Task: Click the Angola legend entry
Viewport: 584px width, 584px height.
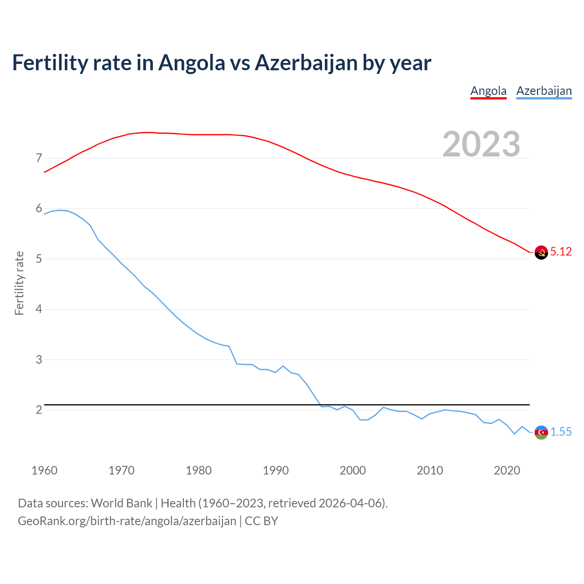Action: (488, 91)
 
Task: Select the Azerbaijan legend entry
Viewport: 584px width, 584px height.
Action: (544, 91)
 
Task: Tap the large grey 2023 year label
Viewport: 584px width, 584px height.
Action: (481, 144)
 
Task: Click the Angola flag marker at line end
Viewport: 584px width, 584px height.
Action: (541, 252)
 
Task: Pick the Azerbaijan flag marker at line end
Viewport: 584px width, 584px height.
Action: (541, 432)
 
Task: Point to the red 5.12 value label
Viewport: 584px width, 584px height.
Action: (561, 252)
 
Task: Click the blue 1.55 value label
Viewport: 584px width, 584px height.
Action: (561, 432)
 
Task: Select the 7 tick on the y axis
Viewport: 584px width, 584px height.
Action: (39, 158)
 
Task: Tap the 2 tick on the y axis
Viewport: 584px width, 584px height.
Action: (39, 410)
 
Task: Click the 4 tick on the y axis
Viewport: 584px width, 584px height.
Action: (39, 309)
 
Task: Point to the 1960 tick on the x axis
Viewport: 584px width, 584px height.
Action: (44, 470)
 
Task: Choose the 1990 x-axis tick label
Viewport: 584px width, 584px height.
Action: (276, 470)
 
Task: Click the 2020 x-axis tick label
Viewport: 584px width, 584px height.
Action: (507, 470)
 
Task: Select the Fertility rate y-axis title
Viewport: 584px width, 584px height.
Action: (19, 283)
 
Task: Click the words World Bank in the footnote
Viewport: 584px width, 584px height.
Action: (121, 503)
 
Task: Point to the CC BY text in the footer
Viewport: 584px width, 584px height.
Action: (261, 521)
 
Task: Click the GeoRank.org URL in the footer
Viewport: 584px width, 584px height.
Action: (127, 521)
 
